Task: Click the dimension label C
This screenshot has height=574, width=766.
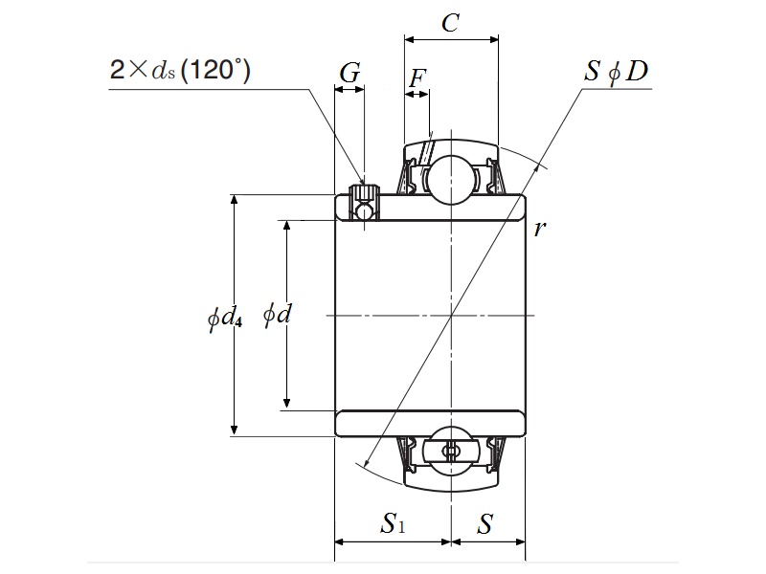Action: (x=450, y=22)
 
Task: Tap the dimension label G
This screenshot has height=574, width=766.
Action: (x=350, y=73)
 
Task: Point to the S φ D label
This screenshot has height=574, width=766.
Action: (x=618, y=72)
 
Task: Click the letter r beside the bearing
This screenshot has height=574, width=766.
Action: (x=540, y=228)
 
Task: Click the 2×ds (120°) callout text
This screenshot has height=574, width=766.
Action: (x=180, y=72)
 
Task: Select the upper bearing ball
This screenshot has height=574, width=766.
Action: (x=450, y=179)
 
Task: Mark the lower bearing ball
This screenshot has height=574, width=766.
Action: (x=450, y=451)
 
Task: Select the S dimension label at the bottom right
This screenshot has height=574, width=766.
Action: (x=486, y=523)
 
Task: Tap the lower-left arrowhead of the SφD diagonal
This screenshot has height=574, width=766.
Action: (x=365, y=465)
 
